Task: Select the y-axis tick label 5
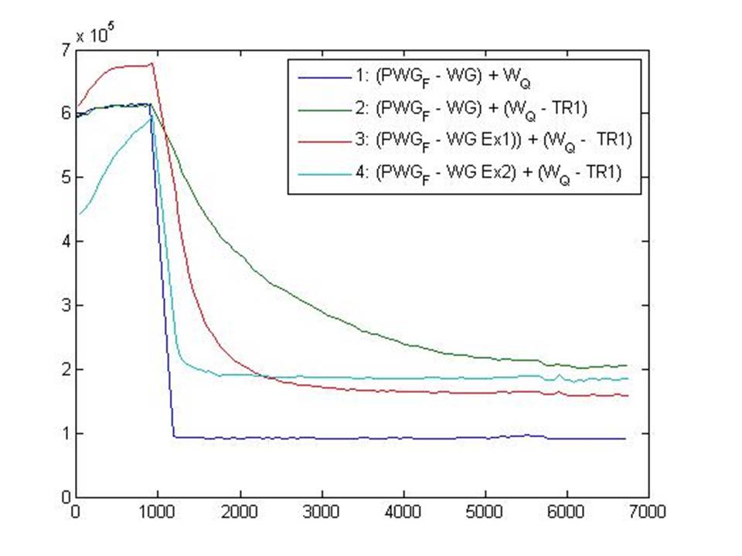tap(65, 178)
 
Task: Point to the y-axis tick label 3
tap(65, 305)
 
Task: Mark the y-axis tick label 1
tap(65, 432)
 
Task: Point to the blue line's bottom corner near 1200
tap(174, 436)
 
